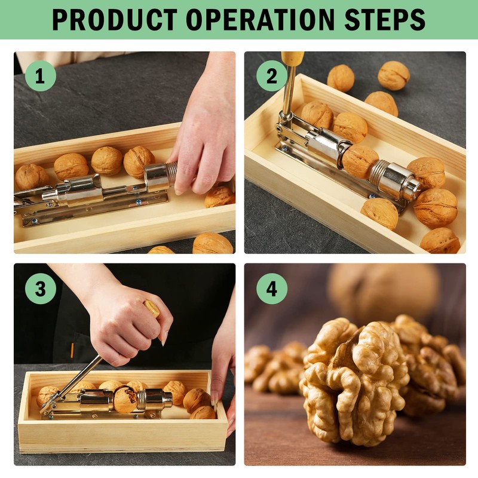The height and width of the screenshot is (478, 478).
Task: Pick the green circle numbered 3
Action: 40,289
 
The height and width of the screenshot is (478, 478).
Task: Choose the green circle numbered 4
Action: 272,289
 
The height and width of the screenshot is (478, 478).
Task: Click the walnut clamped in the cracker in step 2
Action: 360,161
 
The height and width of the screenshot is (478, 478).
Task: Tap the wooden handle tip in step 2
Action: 293,58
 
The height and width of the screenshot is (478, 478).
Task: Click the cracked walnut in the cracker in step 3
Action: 125,399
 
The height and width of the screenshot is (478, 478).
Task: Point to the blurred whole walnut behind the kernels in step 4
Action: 382,293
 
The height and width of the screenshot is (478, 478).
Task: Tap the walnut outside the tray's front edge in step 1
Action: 212,244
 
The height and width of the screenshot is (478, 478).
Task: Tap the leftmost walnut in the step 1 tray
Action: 32,176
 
